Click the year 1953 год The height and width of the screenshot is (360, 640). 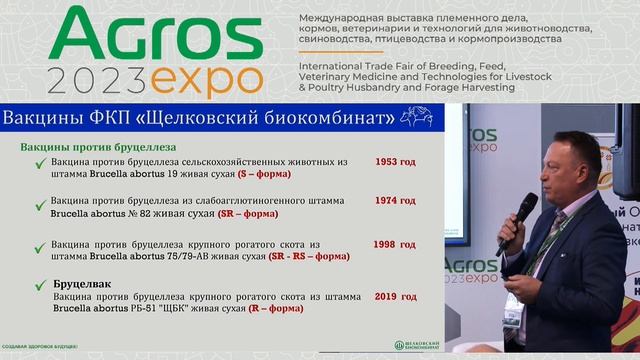coord(396,161)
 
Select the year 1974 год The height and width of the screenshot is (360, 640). coord(396,200)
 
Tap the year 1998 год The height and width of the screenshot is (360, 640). coord(396,244)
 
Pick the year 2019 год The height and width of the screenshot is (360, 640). coord(396,296)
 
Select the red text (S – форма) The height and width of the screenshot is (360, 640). coord(263,173)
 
